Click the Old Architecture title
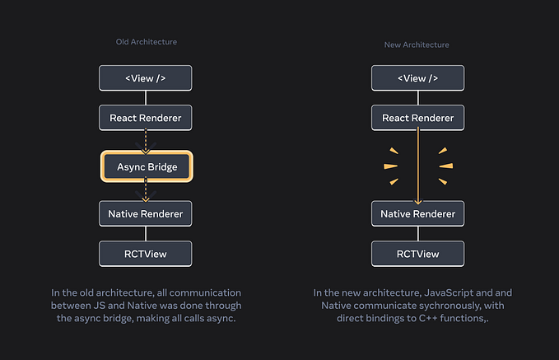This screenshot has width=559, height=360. click(x=146, y=42)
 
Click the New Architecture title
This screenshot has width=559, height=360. click(x=417, y=44)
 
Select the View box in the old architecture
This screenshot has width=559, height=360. click(x=146, y=78)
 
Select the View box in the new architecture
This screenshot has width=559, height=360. click(x=417, y=78)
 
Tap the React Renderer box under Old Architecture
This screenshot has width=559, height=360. click(x=146, y=118)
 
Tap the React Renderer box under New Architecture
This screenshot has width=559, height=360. click(x=417, y=118)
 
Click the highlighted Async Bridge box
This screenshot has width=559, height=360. click(x=147, y=166)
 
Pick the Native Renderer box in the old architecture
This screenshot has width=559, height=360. click(x=146, y=214)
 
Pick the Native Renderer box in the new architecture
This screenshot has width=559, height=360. click(x=417, y=214)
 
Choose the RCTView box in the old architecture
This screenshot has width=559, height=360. click(x=146, y=254)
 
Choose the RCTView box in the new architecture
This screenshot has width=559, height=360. click(x=417, y=254)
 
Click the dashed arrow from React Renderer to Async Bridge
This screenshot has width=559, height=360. click(x=146, y=141)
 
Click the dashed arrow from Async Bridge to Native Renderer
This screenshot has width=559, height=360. click(x=146, y=191)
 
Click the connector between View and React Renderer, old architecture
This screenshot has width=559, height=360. click(x=146, y=98)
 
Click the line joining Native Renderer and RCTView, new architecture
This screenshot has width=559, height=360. click(x=417, y=234)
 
